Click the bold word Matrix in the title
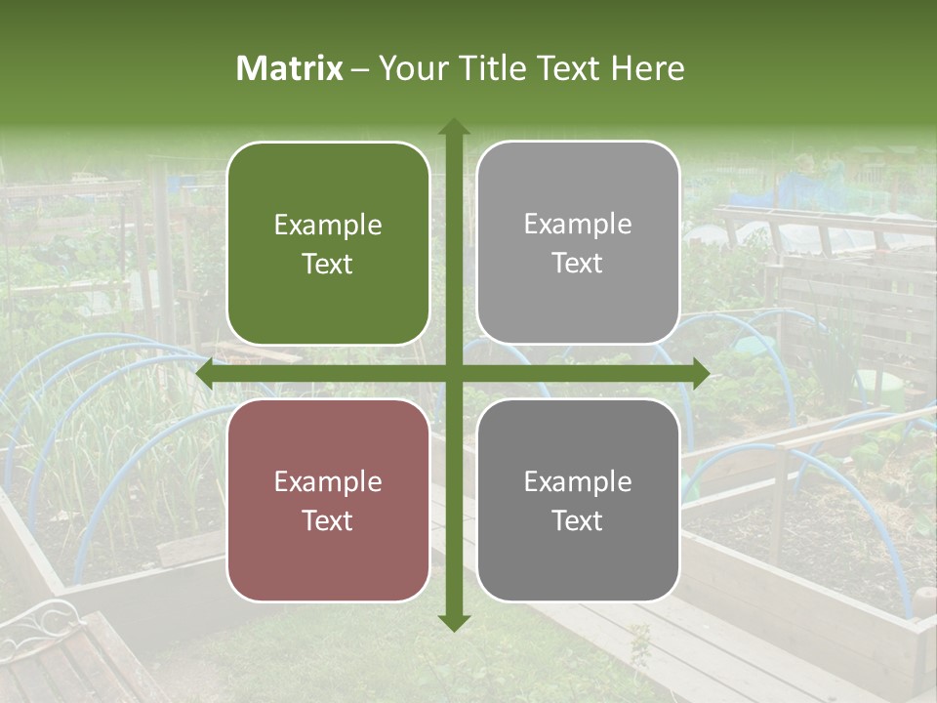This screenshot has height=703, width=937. coord(290,68)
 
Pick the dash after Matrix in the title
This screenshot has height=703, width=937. coord(360,69)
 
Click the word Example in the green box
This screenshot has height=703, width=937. coord(328,226)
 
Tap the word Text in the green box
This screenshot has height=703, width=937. coord(328,264)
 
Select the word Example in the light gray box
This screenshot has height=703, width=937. coord(578,225)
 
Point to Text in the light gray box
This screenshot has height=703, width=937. coord(578,263)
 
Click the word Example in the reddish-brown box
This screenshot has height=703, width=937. coord(328,482)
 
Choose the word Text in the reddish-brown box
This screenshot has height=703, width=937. coord(328,520)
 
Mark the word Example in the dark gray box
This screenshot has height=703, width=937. coord(578,481)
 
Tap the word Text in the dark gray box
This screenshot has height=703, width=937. coord(578,520)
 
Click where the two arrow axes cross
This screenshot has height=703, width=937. coord(453,373)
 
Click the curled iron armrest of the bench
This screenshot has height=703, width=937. coord(49,620)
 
